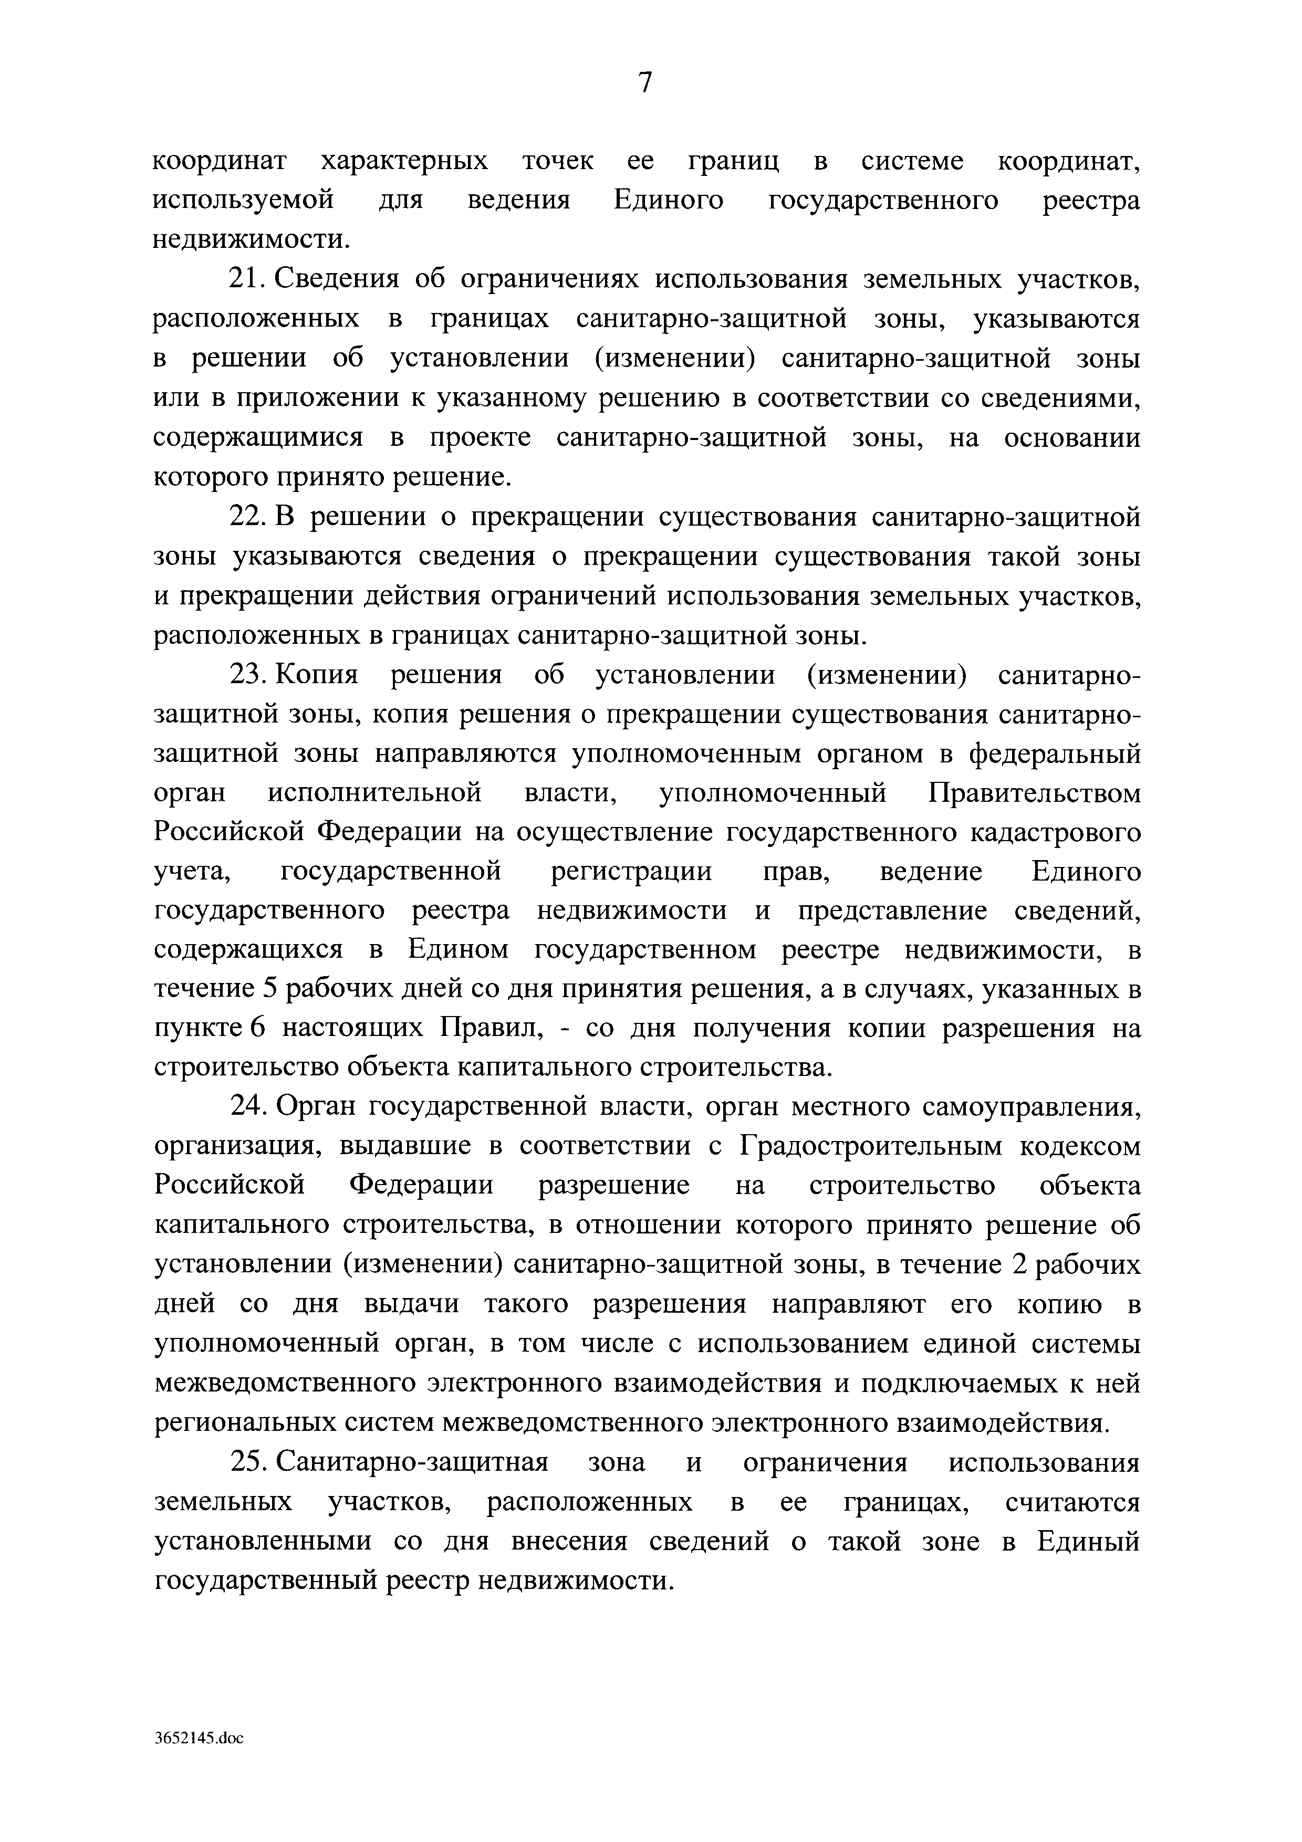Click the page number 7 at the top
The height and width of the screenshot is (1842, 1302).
(646, 82)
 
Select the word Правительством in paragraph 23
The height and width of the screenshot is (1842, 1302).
(1034, 793)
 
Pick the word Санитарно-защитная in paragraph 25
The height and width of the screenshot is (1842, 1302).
(412, 1462)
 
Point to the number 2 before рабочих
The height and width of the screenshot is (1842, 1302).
(1019, 1265)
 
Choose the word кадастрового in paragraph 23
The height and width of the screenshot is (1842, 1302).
(1056, 833)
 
